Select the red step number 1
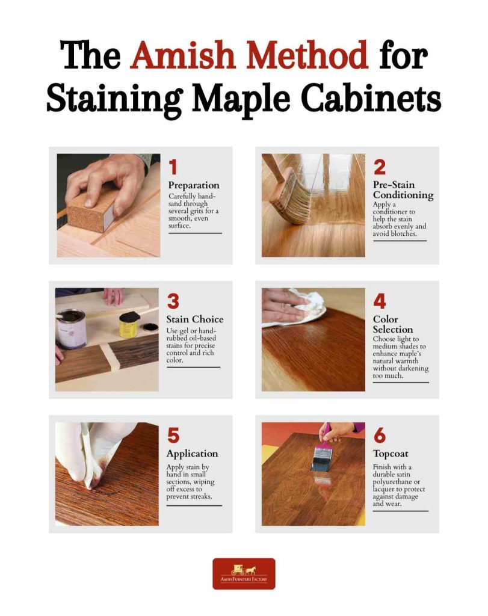pyautogui.click(x=173, y=167)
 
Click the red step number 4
pyautogui.click(x=380, y=301)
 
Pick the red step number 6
pyautogui.click(x=380, y=435)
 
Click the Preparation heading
pyautogui.click(x=193, y=185)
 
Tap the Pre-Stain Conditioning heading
pyautogui.click(x=403, y=190)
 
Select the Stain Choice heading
pyautogui.click(x=194, y=319)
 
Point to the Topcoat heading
pyautogui.click(x=392, y=454)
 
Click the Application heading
pyautogui.click(x=192, y=454)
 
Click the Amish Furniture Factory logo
pyautogui.click(x=244, y=573)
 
